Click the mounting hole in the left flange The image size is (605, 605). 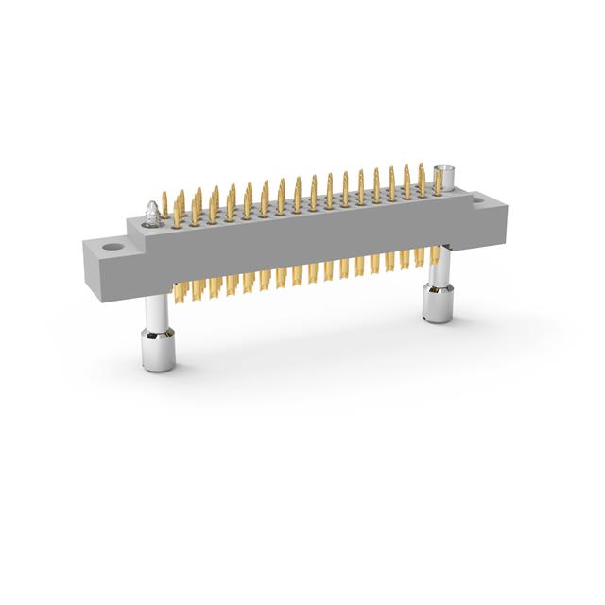click(x=114, y=249)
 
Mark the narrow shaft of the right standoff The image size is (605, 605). click(x=437, y=275)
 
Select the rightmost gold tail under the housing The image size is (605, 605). click(x=435, y=254)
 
